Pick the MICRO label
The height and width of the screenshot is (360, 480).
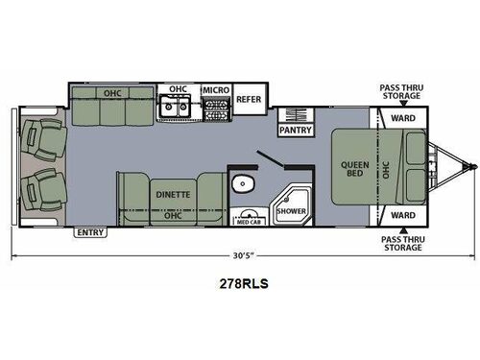pyautogui.click(x=214, y=90)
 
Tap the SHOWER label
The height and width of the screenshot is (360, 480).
pyautogui.click(x=290, y=209)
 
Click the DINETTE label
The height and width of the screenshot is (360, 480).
pyautogui.click(x=173, y=195)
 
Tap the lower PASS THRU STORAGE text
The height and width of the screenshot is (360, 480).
pyautogui.click(x=401, y=243)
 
